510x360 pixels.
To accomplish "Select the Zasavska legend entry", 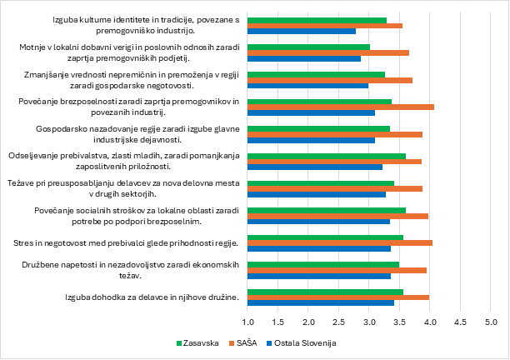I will click(x=200, y=342).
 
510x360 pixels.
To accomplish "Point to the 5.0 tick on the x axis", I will click(x=490, y=321).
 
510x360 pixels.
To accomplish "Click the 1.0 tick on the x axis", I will click(x=248, y=321).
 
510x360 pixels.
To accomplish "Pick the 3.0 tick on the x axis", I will click(x=369, y=321).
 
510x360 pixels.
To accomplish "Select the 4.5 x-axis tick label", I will click(x=460, y=321).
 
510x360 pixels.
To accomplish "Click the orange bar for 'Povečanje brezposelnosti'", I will click(x=341, y=107).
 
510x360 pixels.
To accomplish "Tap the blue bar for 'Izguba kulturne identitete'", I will click(x=302, y=32).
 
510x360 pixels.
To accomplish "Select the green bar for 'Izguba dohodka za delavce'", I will click(x=326, y=291).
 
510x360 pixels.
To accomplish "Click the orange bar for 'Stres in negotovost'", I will click(x=340, y=242).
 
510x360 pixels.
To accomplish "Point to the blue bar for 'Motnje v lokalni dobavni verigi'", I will click(x=304, y=59).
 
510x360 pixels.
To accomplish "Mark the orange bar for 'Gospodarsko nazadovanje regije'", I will click(x=335, y=134).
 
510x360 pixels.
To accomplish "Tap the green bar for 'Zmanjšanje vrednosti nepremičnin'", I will click(x=317, y=74).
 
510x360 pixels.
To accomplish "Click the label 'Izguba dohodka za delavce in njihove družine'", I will click(x=152, y=297).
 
